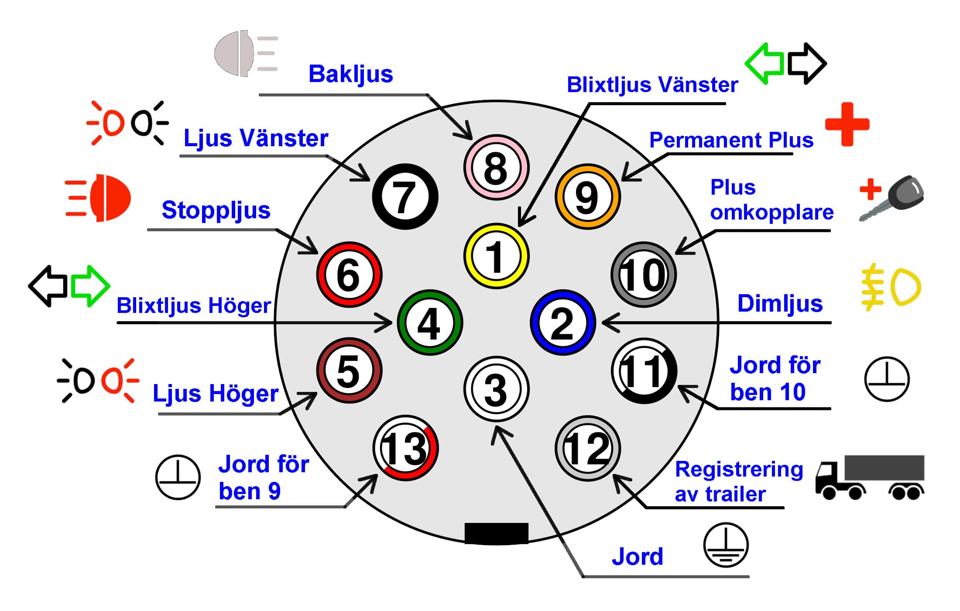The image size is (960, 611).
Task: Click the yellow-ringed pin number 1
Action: pyautogui.click(x=496, y=256)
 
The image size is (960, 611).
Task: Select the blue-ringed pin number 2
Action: pyautogui.click(x=562, y=323)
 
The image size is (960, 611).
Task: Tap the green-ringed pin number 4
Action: pyautogui.click(x=430, y=323)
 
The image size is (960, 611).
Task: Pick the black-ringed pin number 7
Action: pyautogui.click(x=405, y=196)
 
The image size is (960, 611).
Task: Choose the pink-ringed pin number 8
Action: pyautogui.click(x=496, y=167)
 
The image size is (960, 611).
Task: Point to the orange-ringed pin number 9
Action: pyautogui.click(x=587, y=196)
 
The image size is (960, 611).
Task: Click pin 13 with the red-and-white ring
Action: pyautogui.click(x=405, y=448)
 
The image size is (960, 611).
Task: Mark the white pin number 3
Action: pyautogui.click(x=496, y=389)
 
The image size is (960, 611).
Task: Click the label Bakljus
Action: pyautogui.click(x=351, y=74)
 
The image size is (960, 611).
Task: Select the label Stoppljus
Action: pyautogui.click(x=216, y=210)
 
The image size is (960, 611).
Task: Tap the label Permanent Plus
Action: pyautogui.click(x=731, y=140)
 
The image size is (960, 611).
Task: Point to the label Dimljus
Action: pyautogui.click(x=780, y=304)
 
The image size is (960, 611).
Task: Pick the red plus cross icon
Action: pyautogui.click(x=847, y=124)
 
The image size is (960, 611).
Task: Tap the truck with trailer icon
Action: pyautogui.click(x=870, y=477)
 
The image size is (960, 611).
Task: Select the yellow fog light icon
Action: pyautogui.click(x=891, y=287)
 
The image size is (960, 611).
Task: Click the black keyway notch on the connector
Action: pyautogui.click(x=496, y=533)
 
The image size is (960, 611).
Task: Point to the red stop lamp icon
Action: pyautogui.click(x=98, y=198)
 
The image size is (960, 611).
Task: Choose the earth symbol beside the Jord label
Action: pyautogui.click(x=726, y=545)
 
